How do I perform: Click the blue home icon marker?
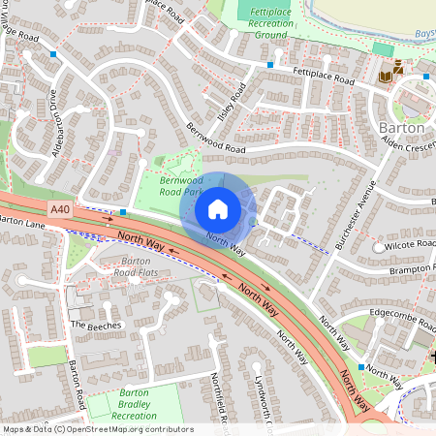tap(218, 208)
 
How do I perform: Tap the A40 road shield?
tap(59, 208)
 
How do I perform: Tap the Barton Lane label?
tap(23, 222)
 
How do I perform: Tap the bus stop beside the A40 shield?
tap(124, 210)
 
